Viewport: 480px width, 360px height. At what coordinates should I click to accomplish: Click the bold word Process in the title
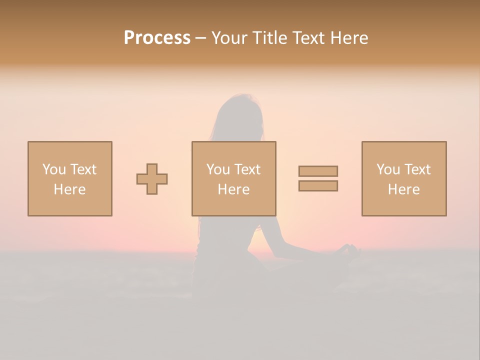157,38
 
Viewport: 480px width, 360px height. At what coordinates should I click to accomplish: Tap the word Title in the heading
268,38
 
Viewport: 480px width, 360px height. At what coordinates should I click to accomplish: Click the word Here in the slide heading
349,38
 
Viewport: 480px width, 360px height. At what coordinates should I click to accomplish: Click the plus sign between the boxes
152,179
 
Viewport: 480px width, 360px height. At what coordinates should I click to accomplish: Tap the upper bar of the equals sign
318,171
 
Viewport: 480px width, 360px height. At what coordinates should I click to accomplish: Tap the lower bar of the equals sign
318,186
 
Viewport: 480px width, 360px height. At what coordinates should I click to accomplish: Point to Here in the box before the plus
70,189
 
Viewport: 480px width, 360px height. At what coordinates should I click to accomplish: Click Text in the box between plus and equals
247,169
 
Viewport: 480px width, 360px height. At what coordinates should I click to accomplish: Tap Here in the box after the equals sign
404,189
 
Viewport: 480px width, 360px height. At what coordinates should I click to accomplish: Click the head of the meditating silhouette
239,112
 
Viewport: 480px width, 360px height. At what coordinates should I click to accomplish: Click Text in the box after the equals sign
417,169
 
